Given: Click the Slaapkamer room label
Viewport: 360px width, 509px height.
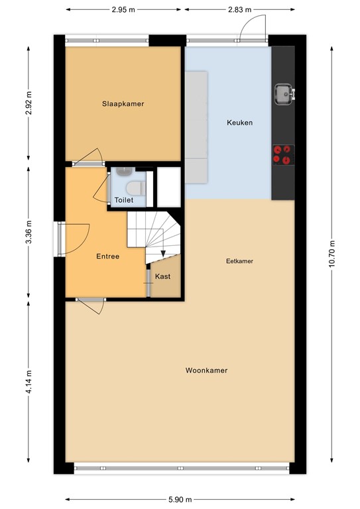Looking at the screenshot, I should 123,104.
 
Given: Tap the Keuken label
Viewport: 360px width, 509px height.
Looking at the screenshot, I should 239,123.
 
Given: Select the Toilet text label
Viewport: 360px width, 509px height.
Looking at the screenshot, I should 124,199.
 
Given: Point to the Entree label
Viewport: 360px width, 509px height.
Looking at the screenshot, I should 107,256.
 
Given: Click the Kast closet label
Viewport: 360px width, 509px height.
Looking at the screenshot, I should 162,276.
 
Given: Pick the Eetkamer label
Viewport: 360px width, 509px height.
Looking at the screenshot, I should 239,261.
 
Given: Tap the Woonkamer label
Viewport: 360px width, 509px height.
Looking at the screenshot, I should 206,370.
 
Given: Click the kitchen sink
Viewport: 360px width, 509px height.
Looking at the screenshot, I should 283,94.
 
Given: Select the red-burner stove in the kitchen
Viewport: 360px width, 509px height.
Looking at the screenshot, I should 282,154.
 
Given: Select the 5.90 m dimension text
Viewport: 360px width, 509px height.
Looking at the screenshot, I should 180,499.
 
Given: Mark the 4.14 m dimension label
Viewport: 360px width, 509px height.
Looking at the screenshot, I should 28,382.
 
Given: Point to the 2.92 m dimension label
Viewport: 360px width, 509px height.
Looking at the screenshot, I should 28,103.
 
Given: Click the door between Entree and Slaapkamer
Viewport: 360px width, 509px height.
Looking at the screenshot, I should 88,158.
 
